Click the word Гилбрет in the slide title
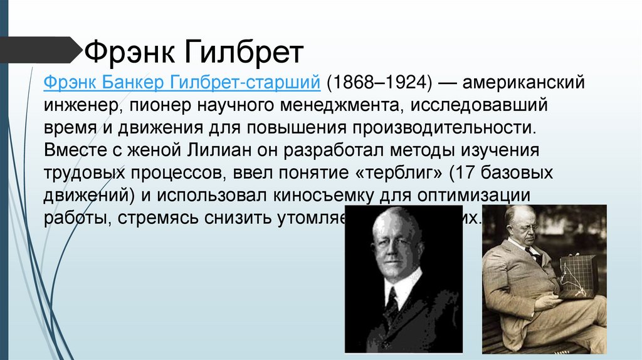click(243, 53)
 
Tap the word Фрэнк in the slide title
click(129, 53)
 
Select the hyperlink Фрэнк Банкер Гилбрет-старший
click(182, 82)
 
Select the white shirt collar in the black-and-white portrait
click(402, 289)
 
